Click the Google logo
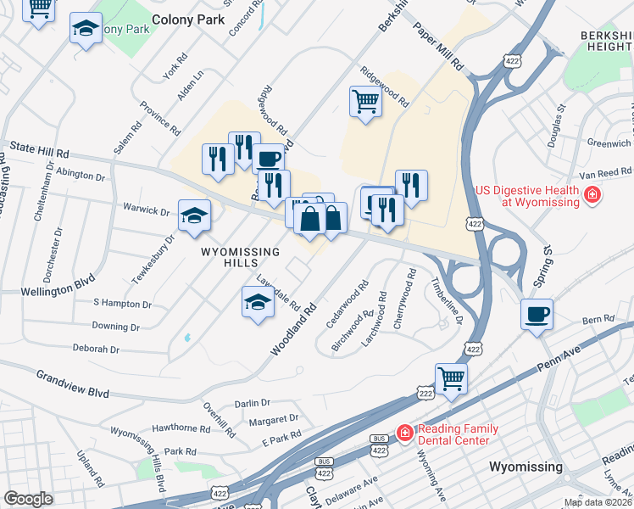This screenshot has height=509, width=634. tap(28, 499)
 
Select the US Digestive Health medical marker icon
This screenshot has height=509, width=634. tap(592, 198)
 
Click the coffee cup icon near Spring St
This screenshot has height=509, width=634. tap(537, 315)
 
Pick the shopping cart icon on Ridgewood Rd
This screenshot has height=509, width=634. tap(365, 102)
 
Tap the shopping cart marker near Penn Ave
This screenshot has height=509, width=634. tap(451, 378)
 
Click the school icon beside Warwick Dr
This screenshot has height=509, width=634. tap(195, 215)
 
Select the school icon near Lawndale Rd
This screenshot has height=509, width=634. tap(258, 302)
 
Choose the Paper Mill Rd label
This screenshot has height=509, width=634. tap(438, 45)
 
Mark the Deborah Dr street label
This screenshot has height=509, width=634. tap(96, 349)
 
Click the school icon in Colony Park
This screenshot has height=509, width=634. tap(85, 29)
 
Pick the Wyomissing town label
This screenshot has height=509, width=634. tap(526, 467)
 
